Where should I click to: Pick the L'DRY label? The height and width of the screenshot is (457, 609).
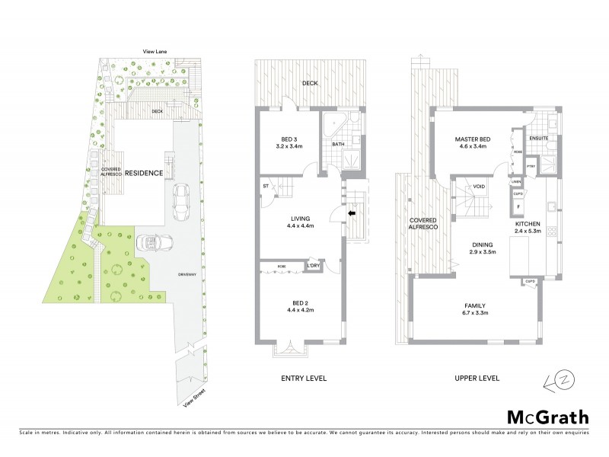point(314,265)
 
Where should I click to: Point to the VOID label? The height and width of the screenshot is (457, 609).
point(479,186)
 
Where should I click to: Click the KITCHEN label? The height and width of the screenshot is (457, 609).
point(553,222)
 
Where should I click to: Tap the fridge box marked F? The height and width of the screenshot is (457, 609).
point(518,206)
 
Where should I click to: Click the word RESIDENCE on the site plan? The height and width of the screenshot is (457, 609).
point(145,173)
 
